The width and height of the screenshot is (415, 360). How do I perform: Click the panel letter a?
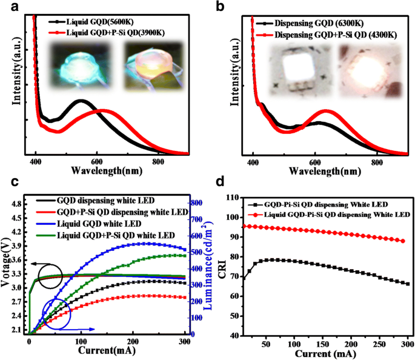7,8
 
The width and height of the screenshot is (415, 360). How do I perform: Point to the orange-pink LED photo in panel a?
145,66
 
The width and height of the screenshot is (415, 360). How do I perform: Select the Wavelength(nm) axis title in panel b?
314,172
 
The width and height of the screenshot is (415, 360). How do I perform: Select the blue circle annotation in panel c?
56,314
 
